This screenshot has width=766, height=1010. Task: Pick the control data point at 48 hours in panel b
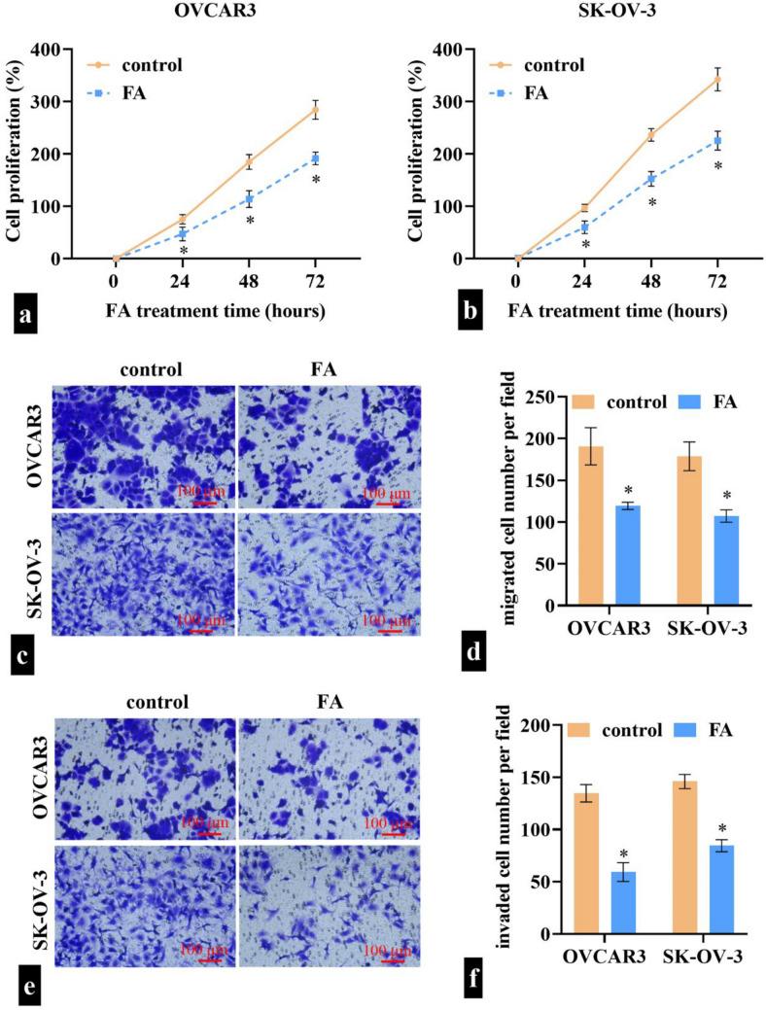click(x=650, y=135)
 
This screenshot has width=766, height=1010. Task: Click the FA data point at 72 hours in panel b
click(x=717, y=141)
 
